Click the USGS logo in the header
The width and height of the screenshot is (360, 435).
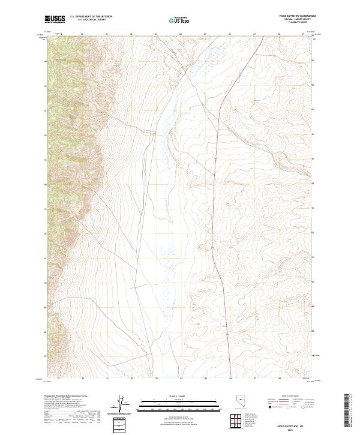[55, 19]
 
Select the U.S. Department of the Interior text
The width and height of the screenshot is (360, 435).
[91, 17]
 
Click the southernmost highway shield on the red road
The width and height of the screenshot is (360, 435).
[227, 332]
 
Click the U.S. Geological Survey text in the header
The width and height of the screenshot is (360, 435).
[91, 20]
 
